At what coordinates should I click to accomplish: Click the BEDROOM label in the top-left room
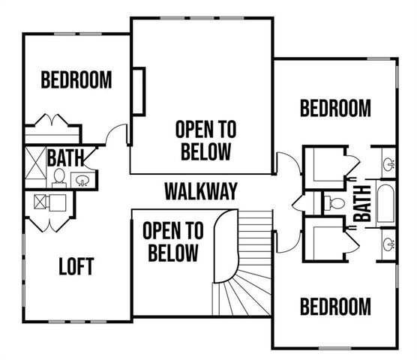pyautogui.click(x=76, y=79)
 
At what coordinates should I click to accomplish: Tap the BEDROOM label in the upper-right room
pyautogui.click(x=335, y=109)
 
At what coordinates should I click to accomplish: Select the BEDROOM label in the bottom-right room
pyautogui.click(x=335, y=307)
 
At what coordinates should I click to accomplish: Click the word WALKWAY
pyautogui.click(x=201, y=191)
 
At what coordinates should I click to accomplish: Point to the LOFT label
pyautogui.click(x=77, y=266)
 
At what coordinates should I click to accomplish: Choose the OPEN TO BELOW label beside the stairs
pyautogui.click(x=171, y=241)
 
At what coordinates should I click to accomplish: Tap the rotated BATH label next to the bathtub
pyautogui.click(x=363, y=202)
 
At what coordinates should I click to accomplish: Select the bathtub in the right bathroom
pyautogui.click(x=385, y=202)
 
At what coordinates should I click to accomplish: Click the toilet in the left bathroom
pyautogui.click(x=58, y=177)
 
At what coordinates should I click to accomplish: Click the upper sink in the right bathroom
pyautogui.click(x=388, y=163)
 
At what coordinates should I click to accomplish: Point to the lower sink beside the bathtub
pyautogui.click(x=388, y=243)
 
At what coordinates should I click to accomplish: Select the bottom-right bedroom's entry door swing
pyautogui.click(x=286, y=241)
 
